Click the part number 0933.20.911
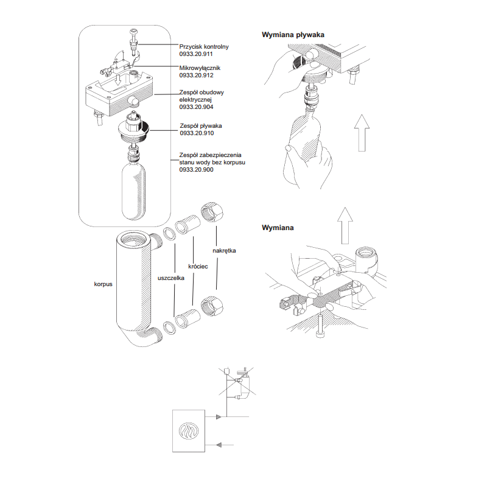click(196, 54)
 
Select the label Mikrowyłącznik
click(200, 68)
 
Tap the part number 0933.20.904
click(196, 107)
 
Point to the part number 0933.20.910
click(197, 133)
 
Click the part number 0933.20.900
click(196, 170)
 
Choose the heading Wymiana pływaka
click(293, 35)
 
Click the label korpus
click(103, 284)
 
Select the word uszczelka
click(171, 278)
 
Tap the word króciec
click(198, 267)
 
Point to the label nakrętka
click(224, 251)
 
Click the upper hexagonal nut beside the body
click(212, 212)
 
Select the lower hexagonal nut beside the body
click(212, 306)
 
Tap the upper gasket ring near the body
click(169, 234)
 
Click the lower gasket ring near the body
click(169, 328)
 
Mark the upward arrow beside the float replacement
click(362, 133)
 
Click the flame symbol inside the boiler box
click(189, 431)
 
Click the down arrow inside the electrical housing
click(117, 79)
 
